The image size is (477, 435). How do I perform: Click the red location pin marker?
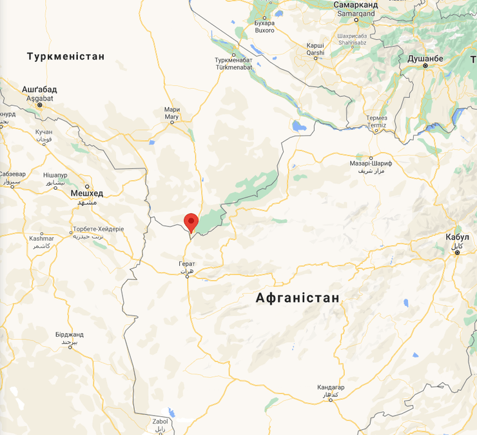(x=191, y=222)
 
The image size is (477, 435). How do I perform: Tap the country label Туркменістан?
(x=66, y=57)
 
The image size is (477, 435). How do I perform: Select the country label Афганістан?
(x=297, y=298)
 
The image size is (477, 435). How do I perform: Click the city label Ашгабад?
(x=40, y=89)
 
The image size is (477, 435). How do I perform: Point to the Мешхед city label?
(x=87, y=193)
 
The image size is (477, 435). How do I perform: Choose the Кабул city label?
(x=457, y=237)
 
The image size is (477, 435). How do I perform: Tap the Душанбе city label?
(x=425, y=59)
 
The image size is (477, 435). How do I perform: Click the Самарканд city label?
(x=355, y=5)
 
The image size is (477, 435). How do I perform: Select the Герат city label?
(x=186, y=264)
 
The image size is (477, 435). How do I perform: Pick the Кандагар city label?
(x=331, y=387)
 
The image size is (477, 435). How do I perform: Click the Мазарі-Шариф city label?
(x=371, y=164)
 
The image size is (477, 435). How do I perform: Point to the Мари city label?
(x=171, y=110)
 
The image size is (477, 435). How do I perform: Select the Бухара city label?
(x=264, y=23)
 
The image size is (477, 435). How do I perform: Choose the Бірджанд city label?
(x=70, y=334)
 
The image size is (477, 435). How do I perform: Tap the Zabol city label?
(x=160, y=421)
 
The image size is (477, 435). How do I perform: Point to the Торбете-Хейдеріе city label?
(x=98, y=229)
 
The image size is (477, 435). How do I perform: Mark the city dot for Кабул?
(x=457, y=252)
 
